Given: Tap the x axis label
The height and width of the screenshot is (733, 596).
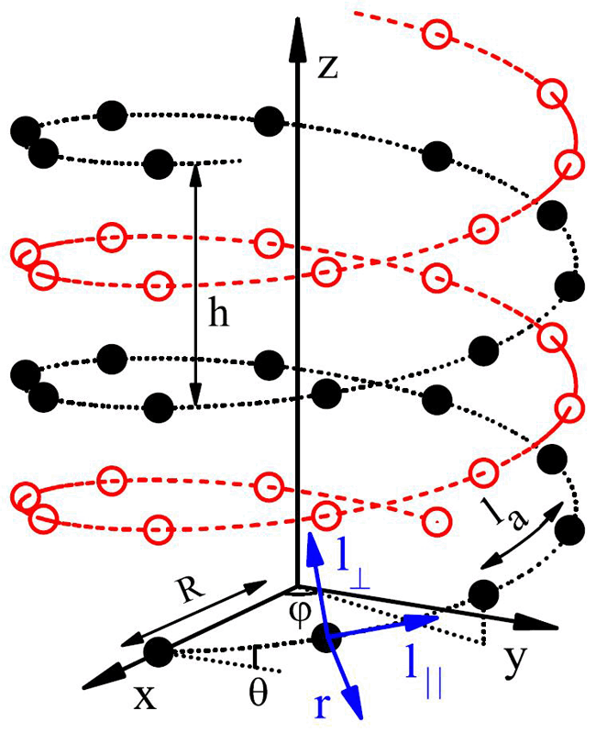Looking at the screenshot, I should (144, 696).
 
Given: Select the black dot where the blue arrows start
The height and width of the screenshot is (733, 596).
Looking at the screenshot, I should (326, 635).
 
